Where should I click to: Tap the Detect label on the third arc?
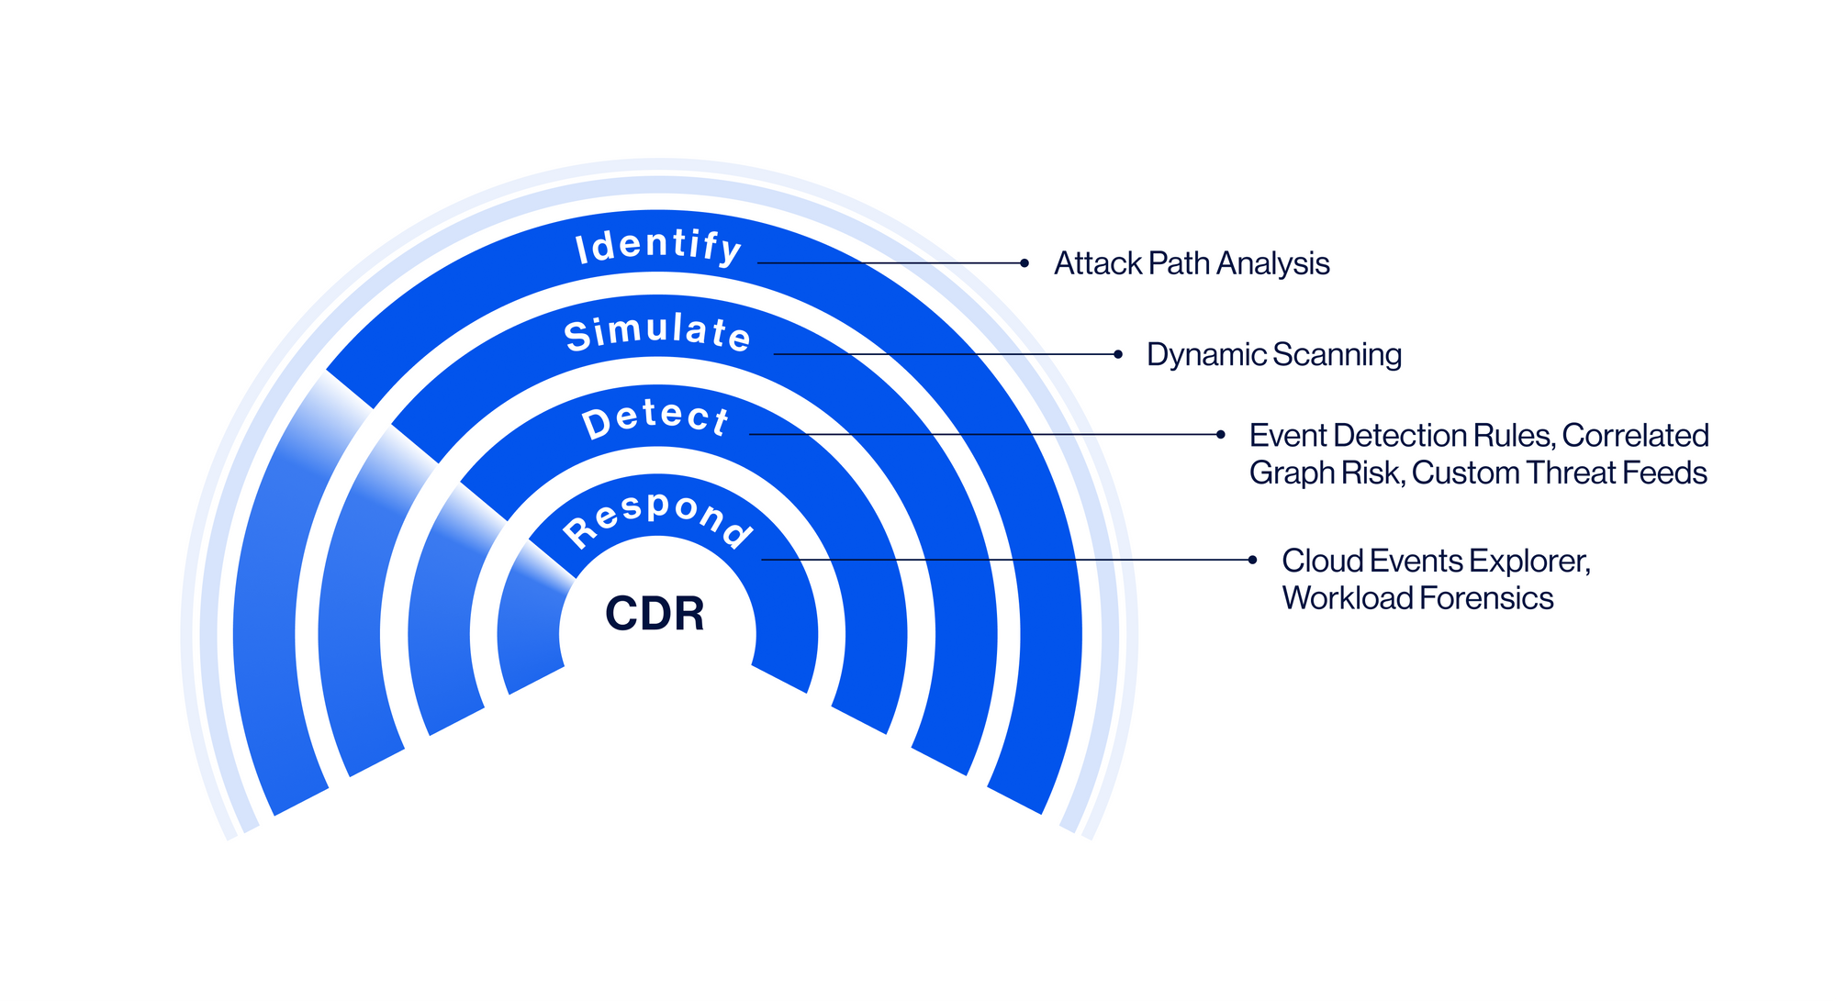tap(656, 419)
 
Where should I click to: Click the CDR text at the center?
tap(655, 614)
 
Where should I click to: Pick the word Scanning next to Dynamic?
tap(1338, 355)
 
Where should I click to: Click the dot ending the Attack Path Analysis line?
tap(1024, 263)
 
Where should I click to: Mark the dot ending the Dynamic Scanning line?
tap(1118, 354)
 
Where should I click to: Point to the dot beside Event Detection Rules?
tap(1221, 435)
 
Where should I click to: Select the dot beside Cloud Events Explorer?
tap(1253, 560)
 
